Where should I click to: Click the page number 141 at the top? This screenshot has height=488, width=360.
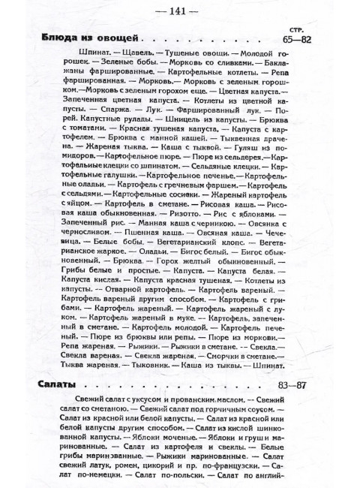click(180, 11)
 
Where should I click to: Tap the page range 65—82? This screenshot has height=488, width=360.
click(300, 41)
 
